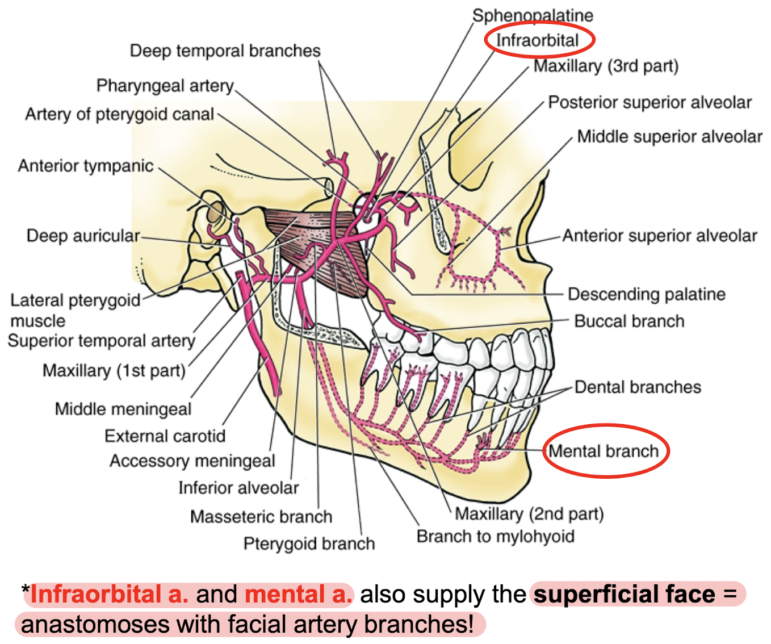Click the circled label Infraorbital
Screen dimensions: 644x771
tap(537, 40)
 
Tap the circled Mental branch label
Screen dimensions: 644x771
tap(604, 451)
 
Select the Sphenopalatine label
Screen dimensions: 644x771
tap(533, 15)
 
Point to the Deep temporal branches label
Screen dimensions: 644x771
tap(225, 51)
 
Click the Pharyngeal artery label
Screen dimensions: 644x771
tap(165, 86)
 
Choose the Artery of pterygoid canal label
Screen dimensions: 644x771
tap(119, 114)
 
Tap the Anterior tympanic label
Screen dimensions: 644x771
tap(86, 166)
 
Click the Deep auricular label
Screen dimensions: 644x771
tap(83, 236)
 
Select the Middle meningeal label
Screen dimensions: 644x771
tap(123, 409)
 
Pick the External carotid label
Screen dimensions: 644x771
tap(165, 436)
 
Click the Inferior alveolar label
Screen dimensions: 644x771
tap(238, 487)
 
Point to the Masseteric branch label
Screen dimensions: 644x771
tap(261, 516)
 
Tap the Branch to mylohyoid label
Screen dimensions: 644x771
tap(495, 536)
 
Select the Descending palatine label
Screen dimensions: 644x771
tap(647, 294)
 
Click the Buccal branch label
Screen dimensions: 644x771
tap(629, 321)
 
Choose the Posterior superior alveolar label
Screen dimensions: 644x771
tap(650, 103)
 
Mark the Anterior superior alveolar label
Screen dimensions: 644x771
tap(660, 236)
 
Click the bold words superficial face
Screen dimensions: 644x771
tap(625, 595)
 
